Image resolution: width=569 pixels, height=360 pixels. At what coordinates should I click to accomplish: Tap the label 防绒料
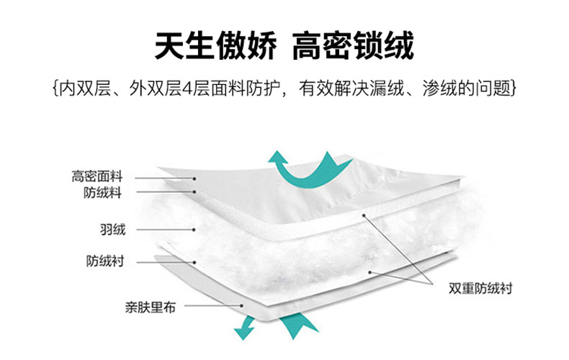click(x=103, y=192)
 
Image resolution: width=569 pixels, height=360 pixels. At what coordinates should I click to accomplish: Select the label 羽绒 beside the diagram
click(x=112, y=230)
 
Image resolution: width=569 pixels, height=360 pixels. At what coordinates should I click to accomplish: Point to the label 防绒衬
click(x=104, y=261)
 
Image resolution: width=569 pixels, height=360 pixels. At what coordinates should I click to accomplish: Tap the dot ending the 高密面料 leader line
click(x=194, y=178)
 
